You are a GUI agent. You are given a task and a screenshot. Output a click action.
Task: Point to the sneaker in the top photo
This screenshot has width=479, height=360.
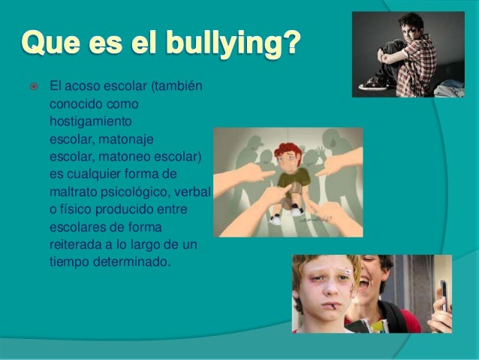point(375,85)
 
